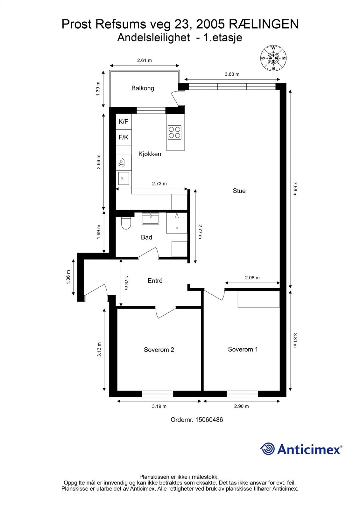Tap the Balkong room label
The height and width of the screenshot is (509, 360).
coord(143,88)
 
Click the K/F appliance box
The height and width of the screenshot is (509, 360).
coord(124,122)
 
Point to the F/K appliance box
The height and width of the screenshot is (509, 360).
coord(124,137)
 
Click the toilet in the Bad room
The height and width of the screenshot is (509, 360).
coord(126,223)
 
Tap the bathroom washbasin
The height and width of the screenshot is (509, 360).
coord(150,219)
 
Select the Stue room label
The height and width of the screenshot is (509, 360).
coord(239,191)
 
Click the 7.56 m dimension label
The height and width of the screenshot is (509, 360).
coord(295,189)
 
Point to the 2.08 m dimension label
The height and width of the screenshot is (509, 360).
coord(252,278)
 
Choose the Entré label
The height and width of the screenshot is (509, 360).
coord(155,281)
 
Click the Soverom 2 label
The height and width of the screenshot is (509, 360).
coord(159,350)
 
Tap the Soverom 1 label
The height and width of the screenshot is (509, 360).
coord(243,349)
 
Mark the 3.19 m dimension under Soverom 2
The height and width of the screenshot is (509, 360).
coord(159,406)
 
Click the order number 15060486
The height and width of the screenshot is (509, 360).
coord(209,420)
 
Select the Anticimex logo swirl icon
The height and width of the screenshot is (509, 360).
coord(267,449)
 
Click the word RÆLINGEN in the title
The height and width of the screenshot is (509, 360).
coord(264,24)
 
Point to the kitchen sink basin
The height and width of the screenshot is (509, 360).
coord(124,178)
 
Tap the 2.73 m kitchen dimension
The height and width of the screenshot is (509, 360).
coord(159,184)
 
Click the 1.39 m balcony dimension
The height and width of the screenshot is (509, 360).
coord(98,89)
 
